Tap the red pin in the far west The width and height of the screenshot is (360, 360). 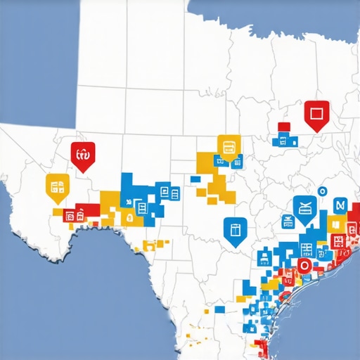[82, 154]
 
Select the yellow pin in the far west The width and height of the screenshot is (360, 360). [58, 186]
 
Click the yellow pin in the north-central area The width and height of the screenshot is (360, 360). [229, 147]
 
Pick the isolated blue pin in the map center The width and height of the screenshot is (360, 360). [235, 229]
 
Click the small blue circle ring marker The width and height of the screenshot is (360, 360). [322, 191]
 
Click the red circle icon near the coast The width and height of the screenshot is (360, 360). [304, 265]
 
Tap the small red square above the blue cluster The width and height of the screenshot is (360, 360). [283, 127]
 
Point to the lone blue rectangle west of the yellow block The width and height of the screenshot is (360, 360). [195, 179]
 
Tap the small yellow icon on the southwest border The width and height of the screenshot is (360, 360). [148, 245]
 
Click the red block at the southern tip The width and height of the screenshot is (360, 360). [262, 348]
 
